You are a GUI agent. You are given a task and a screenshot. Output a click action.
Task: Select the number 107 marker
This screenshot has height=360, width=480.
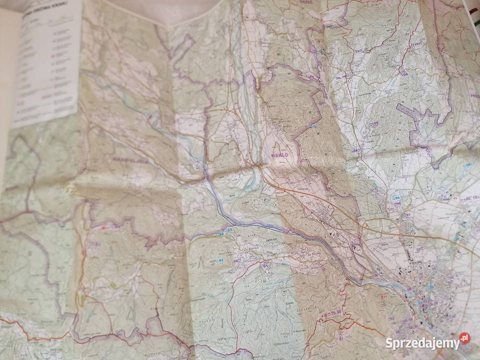click(417, 44)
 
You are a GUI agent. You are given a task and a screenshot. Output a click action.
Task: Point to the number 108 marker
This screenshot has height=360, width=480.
click(404, 74)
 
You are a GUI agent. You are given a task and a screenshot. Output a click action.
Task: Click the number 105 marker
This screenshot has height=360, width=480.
click(374, 123)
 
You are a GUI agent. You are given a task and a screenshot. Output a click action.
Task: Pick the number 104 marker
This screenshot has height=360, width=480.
click(356, 150)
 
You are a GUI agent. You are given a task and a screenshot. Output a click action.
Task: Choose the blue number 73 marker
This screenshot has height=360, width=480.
click(314, 127)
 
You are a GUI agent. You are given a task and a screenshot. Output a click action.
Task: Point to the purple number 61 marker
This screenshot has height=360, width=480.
click(264, 265)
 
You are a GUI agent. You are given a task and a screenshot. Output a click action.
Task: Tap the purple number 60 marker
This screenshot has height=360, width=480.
click(237, 259)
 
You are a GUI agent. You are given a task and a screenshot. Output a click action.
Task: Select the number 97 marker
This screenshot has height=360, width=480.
click(407, 215)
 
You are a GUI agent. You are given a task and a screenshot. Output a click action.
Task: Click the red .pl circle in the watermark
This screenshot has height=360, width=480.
click(464, 338)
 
